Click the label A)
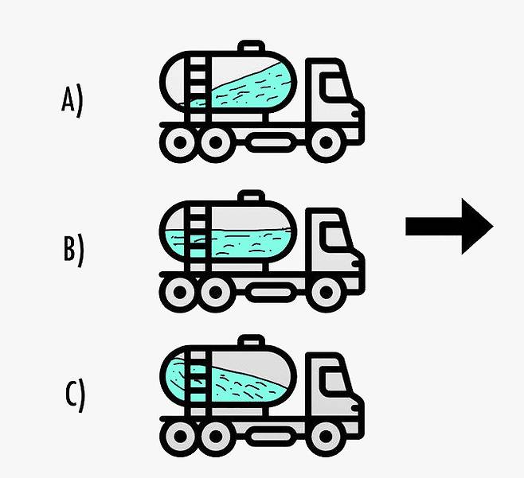pos(72,102)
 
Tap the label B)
pos(72,248)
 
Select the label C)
pos(74,394)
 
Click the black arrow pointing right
pos(449,227)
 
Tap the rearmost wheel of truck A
pos(178,142)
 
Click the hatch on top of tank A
pos(251,46)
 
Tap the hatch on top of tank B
pos(251,196)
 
